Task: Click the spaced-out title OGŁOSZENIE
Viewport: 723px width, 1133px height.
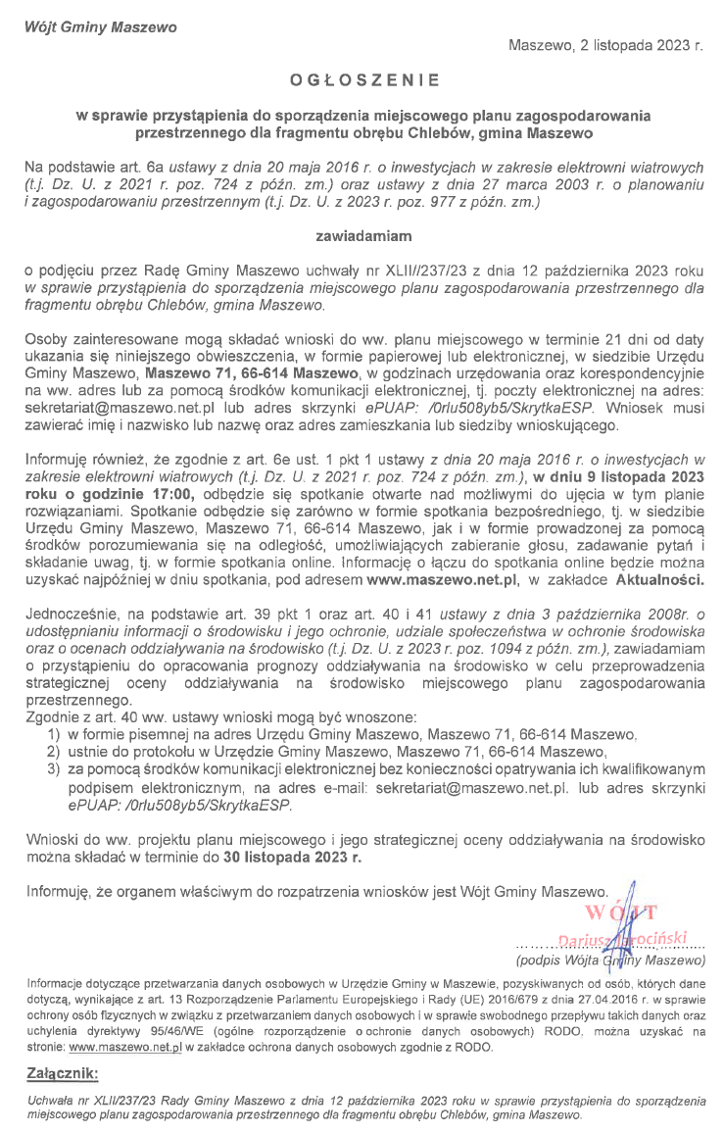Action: [364, 79]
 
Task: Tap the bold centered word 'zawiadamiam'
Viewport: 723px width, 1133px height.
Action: [361, 236]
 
